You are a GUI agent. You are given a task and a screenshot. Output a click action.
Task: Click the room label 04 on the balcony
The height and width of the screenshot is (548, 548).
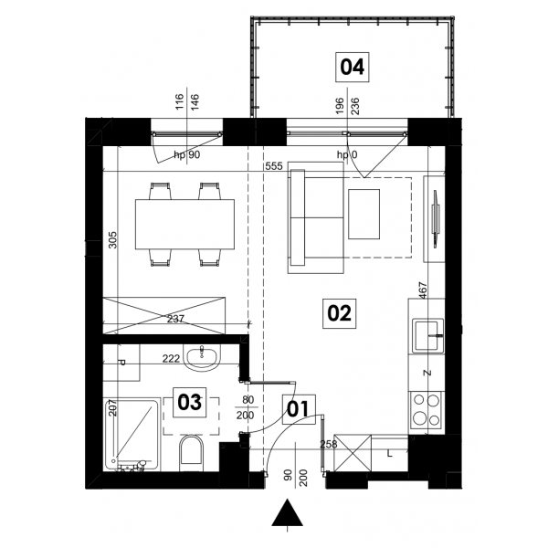pos(353,67)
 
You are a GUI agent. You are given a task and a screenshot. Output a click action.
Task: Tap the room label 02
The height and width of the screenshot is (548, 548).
pos(339,313)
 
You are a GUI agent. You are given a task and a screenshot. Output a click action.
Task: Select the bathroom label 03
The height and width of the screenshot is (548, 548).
pos(190,402)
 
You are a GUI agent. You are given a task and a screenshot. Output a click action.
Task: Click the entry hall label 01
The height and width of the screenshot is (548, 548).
pos(299,409)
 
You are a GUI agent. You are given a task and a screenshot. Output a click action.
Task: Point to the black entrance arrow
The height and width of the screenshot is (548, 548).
pos(288,512)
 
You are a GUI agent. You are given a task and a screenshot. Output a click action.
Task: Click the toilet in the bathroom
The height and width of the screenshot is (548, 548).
pos(191,453)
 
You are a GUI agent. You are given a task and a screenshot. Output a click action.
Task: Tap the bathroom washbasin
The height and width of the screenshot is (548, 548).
pos(203,358)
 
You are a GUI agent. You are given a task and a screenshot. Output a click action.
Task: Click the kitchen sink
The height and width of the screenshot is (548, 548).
pos(428,335)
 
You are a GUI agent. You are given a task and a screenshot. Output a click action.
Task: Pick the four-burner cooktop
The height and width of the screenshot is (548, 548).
pos(427,410)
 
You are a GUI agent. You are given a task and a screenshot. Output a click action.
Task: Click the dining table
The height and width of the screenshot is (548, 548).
pos(184,224)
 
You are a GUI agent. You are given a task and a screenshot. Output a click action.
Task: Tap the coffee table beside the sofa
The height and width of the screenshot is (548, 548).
pos(364,215)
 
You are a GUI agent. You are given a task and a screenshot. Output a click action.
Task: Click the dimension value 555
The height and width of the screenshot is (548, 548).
pos(274,166)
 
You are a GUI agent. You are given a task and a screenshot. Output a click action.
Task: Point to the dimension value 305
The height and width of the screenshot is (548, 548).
pos(112,239)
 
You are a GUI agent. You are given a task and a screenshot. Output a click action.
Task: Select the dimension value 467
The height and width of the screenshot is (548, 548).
pos(423,290)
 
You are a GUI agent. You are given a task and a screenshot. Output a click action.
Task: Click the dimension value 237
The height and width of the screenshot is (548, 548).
pos(175,319)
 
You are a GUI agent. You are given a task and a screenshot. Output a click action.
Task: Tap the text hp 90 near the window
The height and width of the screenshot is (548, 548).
pos(187,154)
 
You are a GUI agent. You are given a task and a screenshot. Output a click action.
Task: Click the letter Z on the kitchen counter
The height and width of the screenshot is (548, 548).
pos(427,373)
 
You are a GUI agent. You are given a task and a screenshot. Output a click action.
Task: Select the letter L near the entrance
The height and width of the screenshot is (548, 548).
pos(390,454)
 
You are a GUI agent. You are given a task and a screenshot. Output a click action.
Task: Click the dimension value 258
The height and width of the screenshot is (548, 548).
pos(329,444)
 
